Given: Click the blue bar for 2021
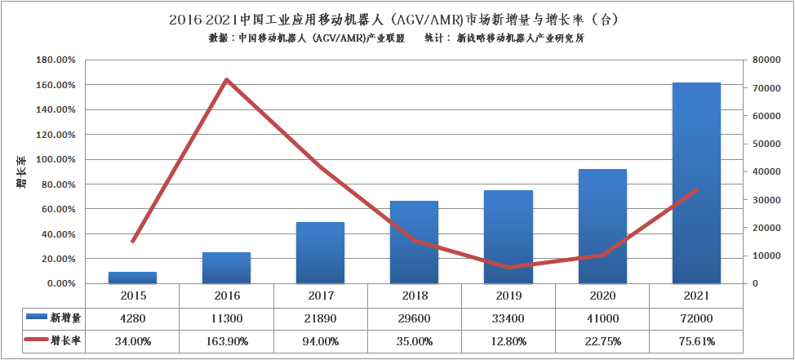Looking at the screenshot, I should click(x=696, y=183).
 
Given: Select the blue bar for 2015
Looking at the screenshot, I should click(x=132, y=278).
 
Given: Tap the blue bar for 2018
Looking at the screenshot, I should click(x=414, y=242).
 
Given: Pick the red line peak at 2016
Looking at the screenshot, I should click(x=226, y=80).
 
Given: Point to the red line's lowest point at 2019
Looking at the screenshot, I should click(x=508, y=267).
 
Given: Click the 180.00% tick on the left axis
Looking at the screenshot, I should click(x=56, y=60).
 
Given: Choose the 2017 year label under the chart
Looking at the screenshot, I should click(x=320, y=296).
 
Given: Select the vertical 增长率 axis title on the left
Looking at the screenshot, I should click(x=21, y=172).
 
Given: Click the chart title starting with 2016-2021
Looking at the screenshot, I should click(x=397, y=18).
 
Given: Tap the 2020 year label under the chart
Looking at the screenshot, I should click(x=602, y=296).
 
